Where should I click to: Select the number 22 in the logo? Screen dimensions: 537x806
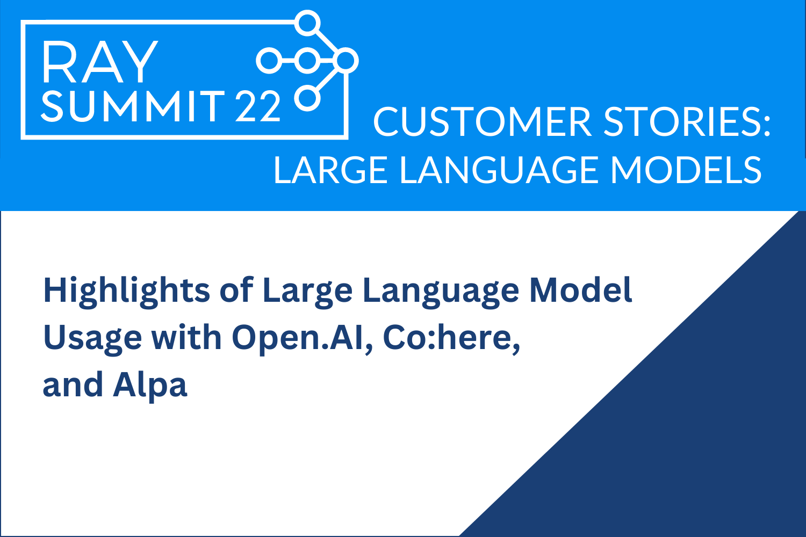click(x=258, y=106)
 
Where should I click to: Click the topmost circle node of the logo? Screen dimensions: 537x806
click(x=308, y=23)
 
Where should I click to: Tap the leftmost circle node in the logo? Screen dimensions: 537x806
click(x=268, y=61)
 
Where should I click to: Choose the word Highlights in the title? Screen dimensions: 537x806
click(x=126, y=291)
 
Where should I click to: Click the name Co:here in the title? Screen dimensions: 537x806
click(x=451, y=338)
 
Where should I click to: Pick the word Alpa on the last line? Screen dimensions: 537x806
click(x=150, y=386)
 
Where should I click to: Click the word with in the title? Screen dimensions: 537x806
click(x=186, y=338)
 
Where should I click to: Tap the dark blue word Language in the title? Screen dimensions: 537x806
click(x=440, y=291)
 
